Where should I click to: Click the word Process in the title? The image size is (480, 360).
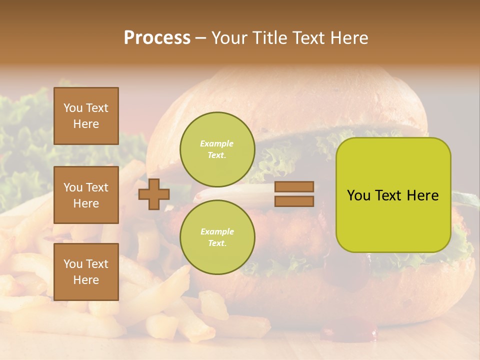(157, 38)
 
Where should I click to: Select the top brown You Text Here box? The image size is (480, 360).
(86, 116)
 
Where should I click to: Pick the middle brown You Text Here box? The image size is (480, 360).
(86, 195)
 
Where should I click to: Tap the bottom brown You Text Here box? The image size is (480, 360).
(86, 271)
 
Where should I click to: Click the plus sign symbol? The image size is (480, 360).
(153, 194)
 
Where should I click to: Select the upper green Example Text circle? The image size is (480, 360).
(217, 149)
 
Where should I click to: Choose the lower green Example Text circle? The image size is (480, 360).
(217, 237)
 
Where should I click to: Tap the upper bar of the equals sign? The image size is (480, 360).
(294, 186)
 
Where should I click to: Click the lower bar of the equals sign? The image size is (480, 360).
(294, 201)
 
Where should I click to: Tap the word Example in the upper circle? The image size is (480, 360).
(216, 144)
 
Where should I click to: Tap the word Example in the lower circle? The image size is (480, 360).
(217, 231)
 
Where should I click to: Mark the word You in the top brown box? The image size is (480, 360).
(72, 108)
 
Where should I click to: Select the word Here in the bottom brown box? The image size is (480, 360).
(86, 280)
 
